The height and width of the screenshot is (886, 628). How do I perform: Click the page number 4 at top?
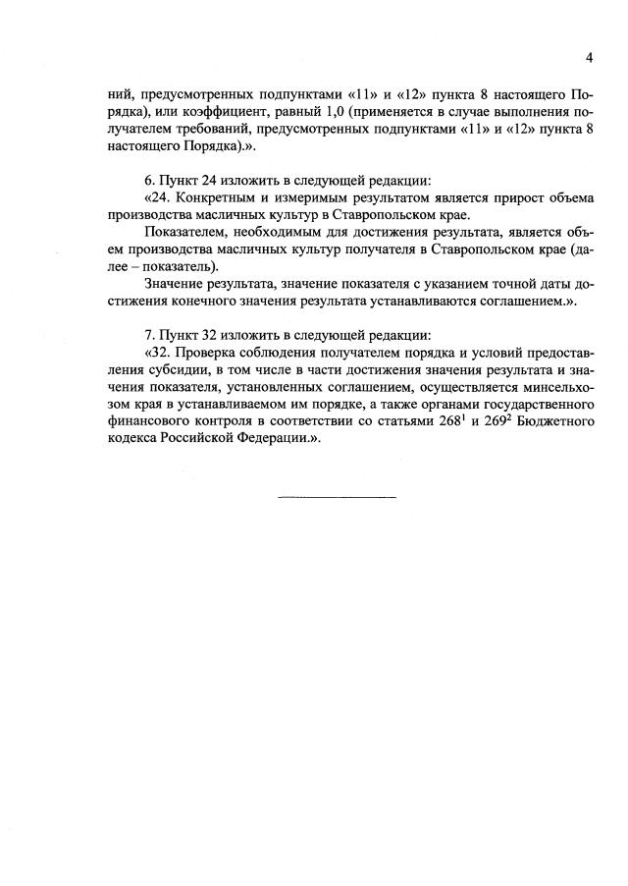pyautogui.click(x=590, y=58)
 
